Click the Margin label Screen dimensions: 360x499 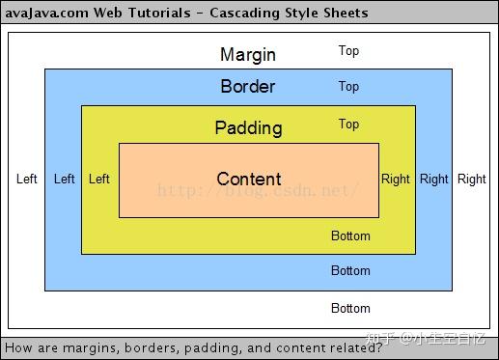248,54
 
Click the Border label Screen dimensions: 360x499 248,87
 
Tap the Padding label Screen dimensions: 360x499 248,128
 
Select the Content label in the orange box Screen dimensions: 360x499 249,179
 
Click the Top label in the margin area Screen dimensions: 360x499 348,51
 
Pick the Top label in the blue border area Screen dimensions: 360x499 348,87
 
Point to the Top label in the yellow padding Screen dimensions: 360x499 348,124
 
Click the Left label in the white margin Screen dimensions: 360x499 27,179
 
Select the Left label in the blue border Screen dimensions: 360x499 65,179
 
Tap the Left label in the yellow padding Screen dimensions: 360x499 99,179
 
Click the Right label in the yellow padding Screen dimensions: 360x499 396,179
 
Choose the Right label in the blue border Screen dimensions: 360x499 434,179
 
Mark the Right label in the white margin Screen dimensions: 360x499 472,179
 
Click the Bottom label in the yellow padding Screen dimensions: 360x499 350,235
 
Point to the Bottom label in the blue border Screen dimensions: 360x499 350,271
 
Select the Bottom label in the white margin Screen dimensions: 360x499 350,309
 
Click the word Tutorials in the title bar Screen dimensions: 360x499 159,13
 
